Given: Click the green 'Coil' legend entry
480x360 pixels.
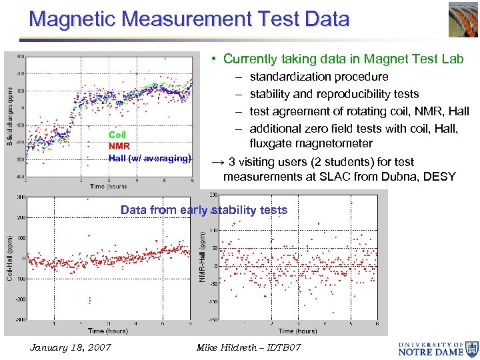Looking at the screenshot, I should coord(117,135).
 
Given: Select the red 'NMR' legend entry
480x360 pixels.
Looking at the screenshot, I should coord(119,147).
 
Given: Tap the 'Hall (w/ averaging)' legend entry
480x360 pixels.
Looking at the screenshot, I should coord(149,158).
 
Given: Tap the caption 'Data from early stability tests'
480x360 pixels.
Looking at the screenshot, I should coord(203,210).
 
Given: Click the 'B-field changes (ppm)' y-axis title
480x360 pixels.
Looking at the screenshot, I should coord(9,116).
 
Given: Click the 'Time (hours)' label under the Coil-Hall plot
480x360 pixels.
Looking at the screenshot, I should coord(107,331).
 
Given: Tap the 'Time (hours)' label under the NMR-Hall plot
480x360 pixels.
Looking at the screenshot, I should coord(297,331).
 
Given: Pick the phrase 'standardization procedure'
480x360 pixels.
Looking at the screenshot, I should coord(319,77).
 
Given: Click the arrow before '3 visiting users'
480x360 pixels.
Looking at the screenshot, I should coord(217,161).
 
